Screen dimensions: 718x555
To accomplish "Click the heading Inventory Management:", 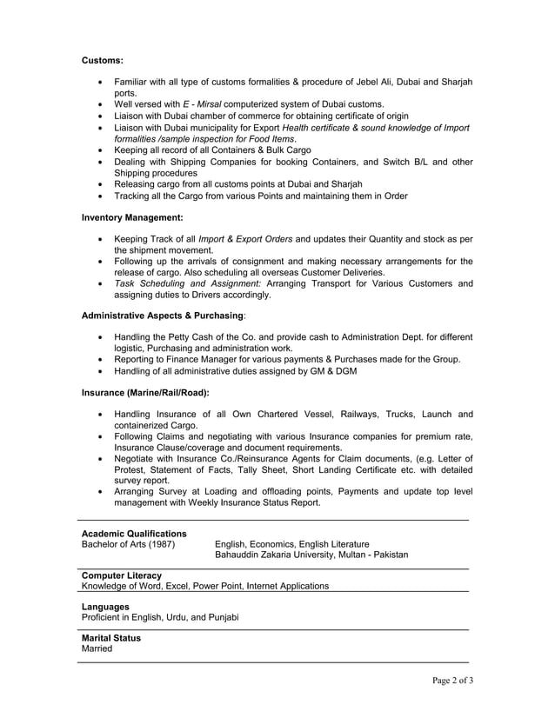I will (x=131, y=216).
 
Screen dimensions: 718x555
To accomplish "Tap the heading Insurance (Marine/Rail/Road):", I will (x=145, y=392).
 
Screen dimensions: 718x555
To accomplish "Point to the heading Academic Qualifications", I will (x=133, y=533).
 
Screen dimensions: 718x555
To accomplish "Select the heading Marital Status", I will (x=110, y=637).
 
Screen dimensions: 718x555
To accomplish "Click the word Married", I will (x=97, y=648).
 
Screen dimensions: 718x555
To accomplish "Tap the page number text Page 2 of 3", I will (x=452, y=680).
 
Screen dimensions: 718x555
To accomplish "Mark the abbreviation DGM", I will (x=342, y=371).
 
